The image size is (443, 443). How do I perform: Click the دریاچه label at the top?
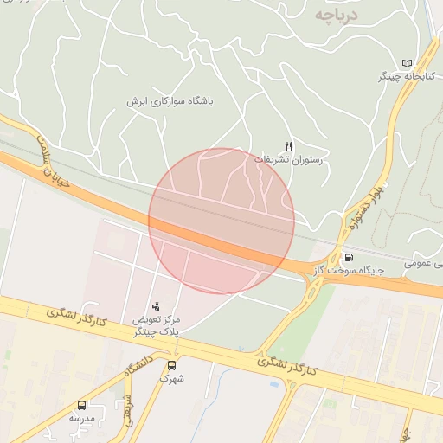336,15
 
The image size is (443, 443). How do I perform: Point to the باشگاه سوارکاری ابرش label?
169,101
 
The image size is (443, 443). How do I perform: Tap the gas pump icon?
349,256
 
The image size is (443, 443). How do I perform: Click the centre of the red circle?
221,221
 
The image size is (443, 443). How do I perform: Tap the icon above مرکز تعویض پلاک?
156,305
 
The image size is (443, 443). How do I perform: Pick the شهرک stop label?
171,378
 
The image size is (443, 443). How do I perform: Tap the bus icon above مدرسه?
82,404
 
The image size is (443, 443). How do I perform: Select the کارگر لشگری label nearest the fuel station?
288,365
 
